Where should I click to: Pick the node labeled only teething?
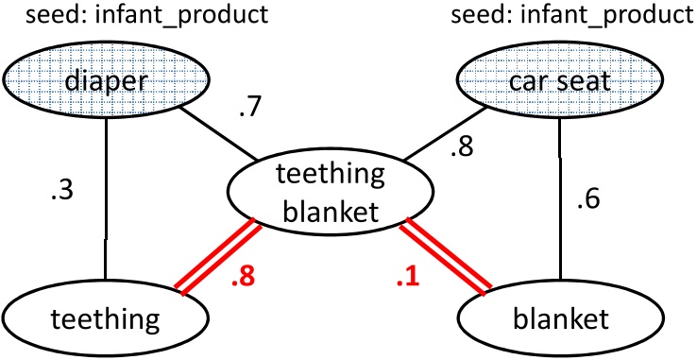[x=105, y=318]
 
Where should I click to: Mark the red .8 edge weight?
[x=244, y=278]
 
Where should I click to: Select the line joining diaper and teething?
[x=105, y=198]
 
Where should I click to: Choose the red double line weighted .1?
[x=445, y=256]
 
